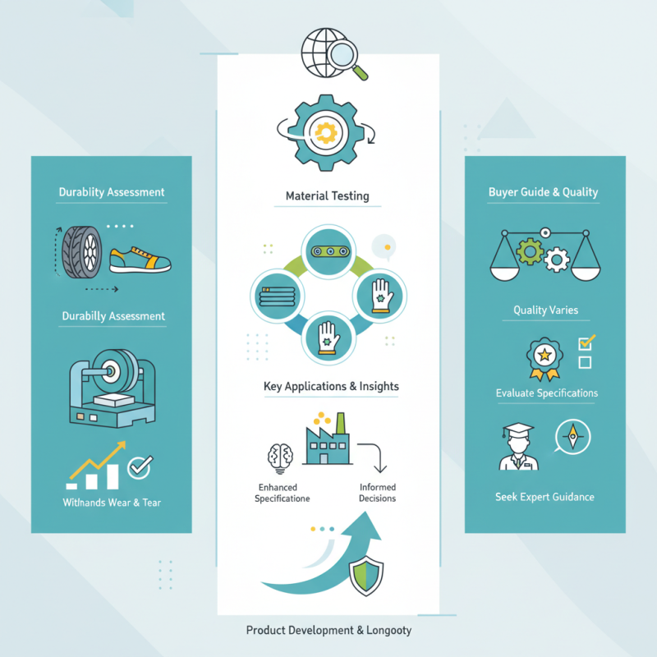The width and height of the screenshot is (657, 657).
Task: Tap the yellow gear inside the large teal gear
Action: (326, 133)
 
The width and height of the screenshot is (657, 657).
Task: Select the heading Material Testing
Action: (327, 196)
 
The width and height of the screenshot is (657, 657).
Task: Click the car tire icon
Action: (82, 252)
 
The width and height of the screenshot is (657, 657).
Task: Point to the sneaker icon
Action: (140, 260)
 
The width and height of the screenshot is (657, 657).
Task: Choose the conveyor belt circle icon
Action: (328, 251)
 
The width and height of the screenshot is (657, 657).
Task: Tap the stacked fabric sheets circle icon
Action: (278, 296)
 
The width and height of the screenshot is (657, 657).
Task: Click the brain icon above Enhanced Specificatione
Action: (280, 457)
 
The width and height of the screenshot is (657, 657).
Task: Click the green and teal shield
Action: (366, 576)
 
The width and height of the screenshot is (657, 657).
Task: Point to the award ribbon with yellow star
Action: (544, 359)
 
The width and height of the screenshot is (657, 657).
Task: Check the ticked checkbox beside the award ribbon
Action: (586, 342)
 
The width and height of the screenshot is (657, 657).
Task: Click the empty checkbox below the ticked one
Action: (585, 362)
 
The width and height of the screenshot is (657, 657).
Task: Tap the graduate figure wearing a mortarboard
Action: (519, 446)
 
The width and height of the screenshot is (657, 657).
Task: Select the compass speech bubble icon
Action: (572, 437)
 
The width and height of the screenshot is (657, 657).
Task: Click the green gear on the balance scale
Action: (531, 251)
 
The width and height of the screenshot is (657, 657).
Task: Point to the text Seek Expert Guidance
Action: (544, 497)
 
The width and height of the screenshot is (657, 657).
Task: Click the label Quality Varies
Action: (546, 310)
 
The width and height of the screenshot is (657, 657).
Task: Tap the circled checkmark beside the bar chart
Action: (140, 466)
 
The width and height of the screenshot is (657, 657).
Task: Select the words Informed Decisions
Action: (378, 492)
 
